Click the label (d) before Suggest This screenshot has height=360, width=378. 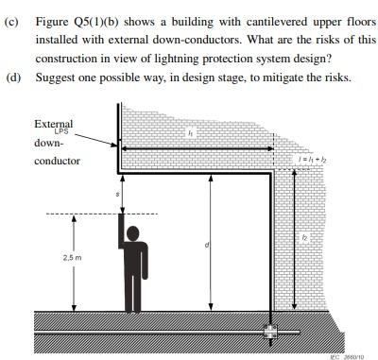(x=12, y=77)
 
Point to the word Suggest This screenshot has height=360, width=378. (x=56, y=77)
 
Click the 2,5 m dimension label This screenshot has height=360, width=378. (x=72, y=257)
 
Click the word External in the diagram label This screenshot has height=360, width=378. (x=53, y=124)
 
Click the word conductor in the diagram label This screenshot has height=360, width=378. (x=58, y=161)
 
